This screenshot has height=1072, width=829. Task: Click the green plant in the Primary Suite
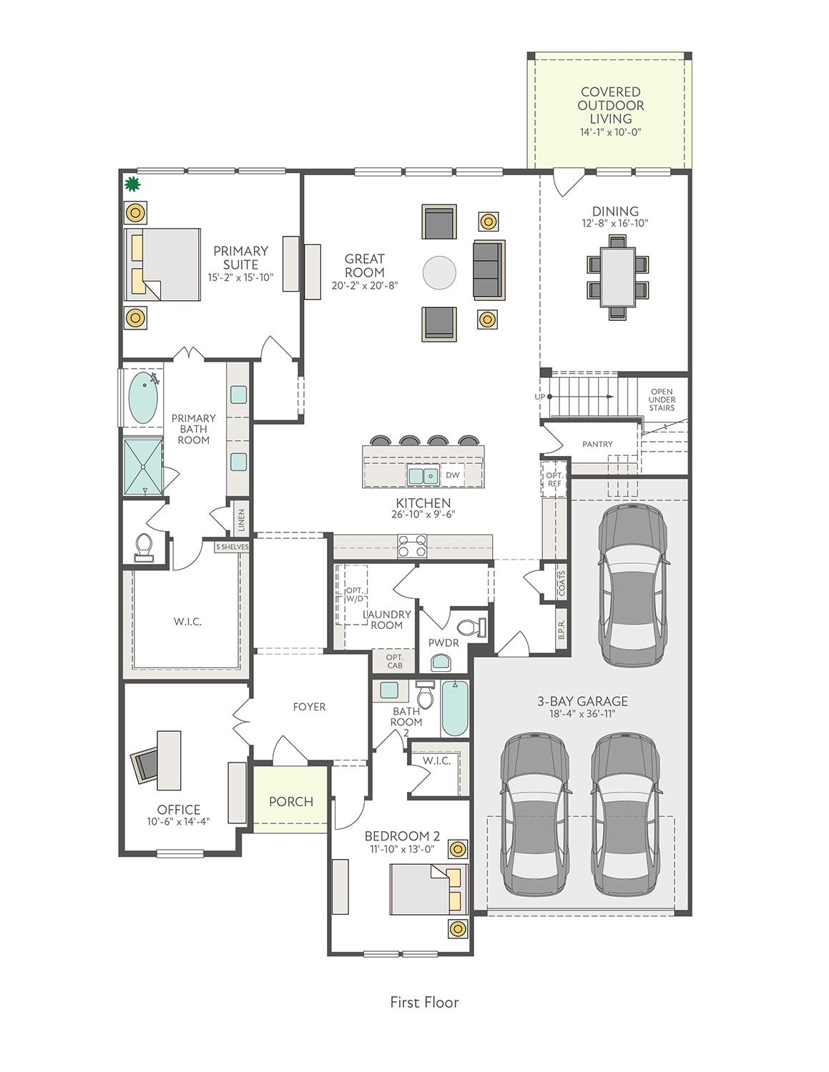click(132, 184)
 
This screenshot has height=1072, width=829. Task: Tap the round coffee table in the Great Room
click(439, 273)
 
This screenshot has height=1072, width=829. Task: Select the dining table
click(617, 277)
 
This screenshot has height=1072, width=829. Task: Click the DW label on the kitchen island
click(452, 475)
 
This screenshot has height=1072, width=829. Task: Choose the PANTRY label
click(597, 445)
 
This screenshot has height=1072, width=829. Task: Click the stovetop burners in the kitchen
click(412, 547)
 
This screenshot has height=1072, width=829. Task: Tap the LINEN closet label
click(241, 520)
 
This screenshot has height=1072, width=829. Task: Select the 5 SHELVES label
click(232, 547)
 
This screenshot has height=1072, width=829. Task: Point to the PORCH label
click(291, 802)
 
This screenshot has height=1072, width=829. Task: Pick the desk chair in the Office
click(144, 766)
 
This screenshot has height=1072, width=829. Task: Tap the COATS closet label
click(561, 584)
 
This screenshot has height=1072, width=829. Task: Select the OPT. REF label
click(554, 480)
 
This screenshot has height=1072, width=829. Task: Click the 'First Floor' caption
click(425, 1003)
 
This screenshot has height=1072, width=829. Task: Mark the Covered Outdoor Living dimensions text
click(610, 132)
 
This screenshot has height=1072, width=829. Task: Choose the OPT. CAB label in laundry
click(395, 662)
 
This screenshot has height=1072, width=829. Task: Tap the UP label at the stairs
click(539, 397)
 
